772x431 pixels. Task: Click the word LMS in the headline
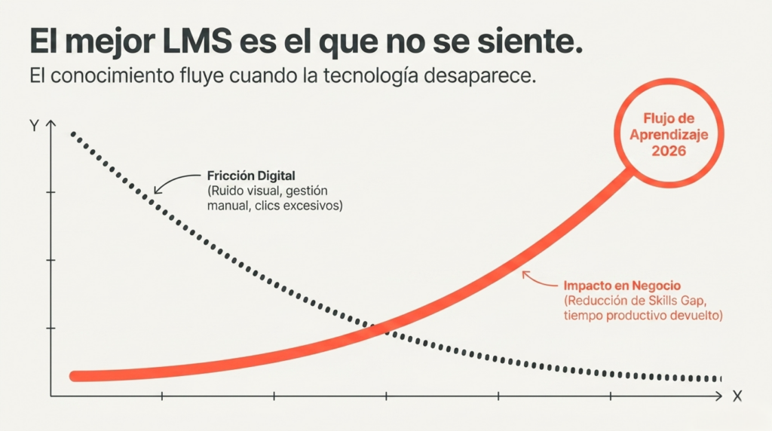[197, 41]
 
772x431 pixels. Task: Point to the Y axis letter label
[34, 126]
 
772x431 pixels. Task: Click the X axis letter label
[737, 396]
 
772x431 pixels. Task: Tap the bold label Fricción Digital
[251, 176]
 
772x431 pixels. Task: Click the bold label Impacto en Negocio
[622, 286]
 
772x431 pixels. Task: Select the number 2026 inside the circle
[669, 151]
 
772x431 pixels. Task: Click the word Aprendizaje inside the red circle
[669, 134]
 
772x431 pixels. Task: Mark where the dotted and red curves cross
[384, 329]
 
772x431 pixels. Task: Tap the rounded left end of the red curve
[74, 377]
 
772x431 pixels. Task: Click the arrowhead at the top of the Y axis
[51, 123]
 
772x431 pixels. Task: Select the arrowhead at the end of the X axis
[718, 396]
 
